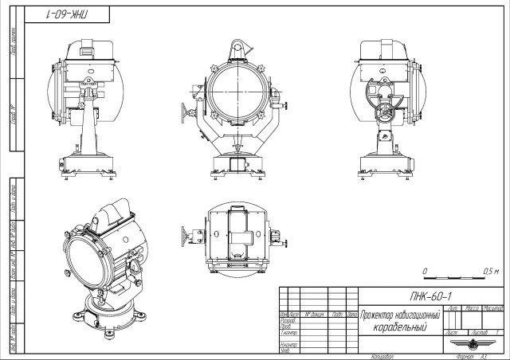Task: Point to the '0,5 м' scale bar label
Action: point(491,272)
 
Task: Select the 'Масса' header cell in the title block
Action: point(473,307)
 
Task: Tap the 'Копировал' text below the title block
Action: point(382,356)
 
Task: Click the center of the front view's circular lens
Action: point(237,91)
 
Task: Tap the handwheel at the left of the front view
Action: point(189,112)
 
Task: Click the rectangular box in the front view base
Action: point(237,164)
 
